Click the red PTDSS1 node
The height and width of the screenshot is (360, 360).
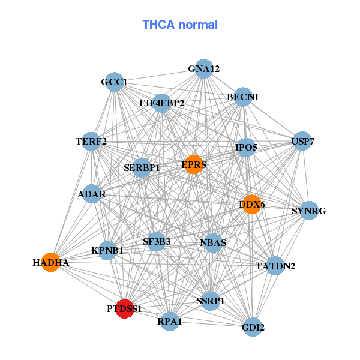124,309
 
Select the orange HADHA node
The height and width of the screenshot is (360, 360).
51,262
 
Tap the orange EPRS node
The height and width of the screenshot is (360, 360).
194,164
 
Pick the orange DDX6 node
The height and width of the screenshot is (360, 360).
252,205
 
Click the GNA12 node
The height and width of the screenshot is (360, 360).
204,69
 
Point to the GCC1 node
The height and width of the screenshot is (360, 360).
115,82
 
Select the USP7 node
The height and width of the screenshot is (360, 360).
302,141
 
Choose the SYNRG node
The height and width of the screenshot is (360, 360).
309,211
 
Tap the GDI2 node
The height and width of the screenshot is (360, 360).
253,327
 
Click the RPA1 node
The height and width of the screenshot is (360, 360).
170,322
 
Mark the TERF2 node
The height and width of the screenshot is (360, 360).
91,142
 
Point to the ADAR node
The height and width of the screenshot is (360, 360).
92,194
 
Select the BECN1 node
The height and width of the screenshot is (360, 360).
243,97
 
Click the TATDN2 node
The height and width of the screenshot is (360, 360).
275,266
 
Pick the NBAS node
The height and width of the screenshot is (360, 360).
213,243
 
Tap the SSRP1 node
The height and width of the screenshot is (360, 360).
211,301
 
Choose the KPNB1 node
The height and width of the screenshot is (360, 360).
107,251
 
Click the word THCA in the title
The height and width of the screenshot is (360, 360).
158,25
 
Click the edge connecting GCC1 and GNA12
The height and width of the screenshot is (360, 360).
159,76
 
